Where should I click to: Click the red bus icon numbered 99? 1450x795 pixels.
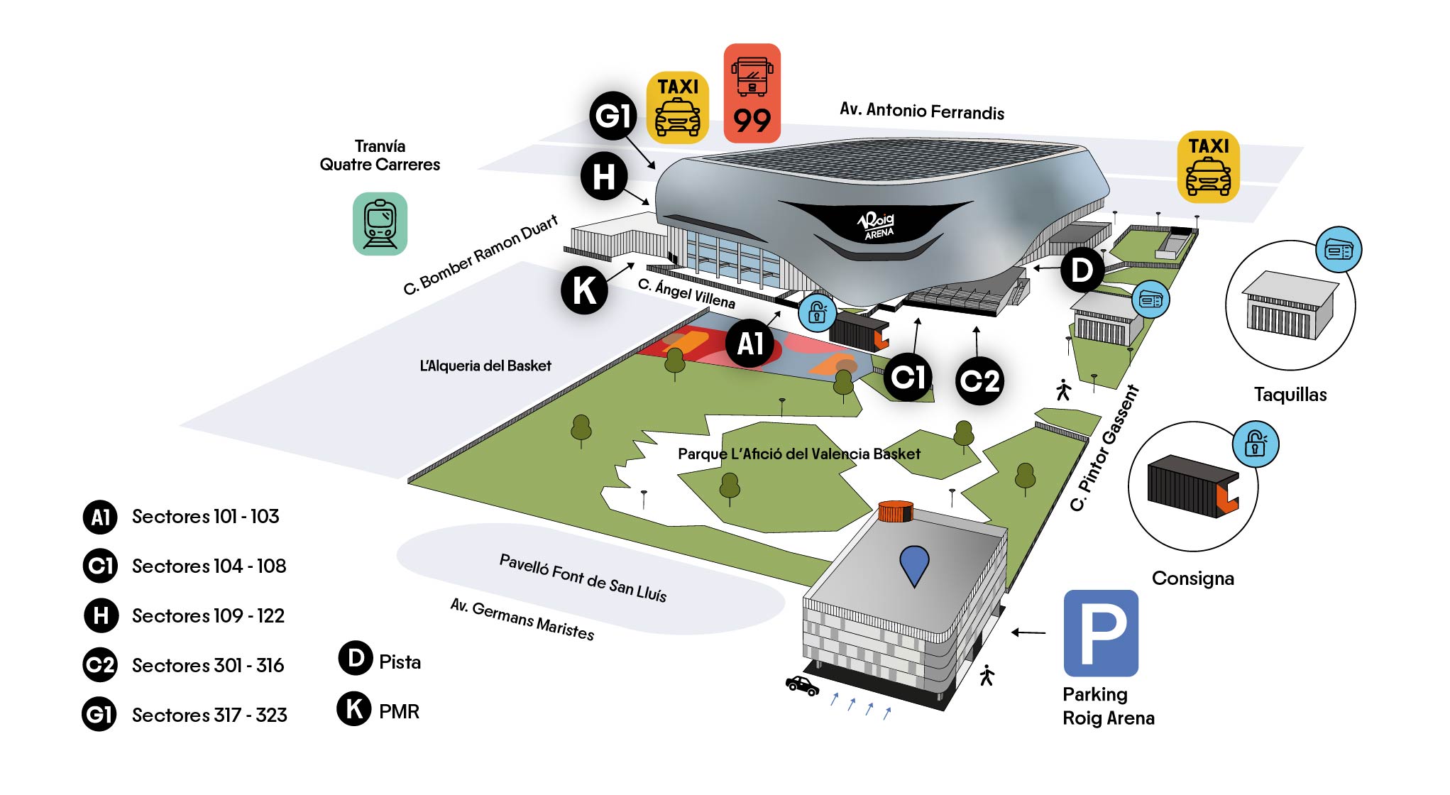click(x=752, y=93)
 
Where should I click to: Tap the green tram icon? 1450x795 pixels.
click(x=380, y=224)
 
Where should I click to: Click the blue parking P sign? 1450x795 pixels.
click(x=1100, y=632)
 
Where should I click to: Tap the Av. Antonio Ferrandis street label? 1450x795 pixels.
click(x=921, y=111)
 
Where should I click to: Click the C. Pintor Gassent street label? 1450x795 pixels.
click(x=1104, y=449)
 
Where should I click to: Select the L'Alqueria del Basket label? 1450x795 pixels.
click(x=485, y=366)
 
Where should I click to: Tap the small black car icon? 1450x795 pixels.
click(x=802, y=686)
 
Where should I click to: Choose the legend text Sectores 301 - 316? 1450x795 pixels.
click(x=208, y=665)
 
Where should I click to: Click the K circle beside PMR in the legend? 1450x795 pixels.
click(x=354, y=708)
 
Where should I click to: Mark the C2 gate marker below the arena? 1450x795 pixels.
click(x=979, y=382)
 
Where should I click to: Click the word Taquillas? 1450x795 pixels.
click(x=1290, y=395)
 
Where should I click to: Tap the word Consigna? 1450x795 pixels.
click(x=1192, y=579)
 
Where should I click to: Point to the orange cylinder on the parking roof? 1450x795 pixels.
click(x=895, y=511)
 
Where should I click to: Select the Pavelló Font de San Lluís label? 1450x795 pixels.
click(x=583, y=578)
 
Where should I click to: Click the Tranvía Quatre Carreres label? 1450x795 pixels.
click(x=380, y=155)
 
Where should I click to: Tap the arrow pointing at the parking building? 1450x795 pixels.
click(x=1028, y=632)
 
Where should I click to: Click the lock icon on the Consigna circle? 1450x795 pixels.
click(x=1255, y=444)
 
